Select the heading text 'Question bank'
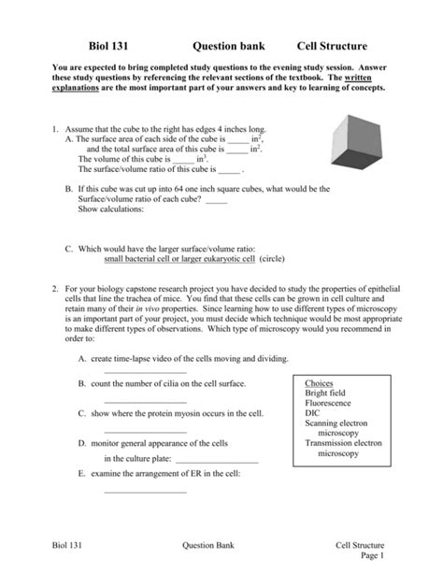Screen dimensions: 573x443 tap(229, 46)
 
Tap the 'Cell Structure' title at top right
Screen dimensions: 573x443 tap(332, 46)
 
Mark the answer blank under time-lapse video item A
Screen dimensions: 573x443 tap(138, 372)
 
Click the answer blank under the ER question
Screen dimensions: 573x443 tap(138, 489)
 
